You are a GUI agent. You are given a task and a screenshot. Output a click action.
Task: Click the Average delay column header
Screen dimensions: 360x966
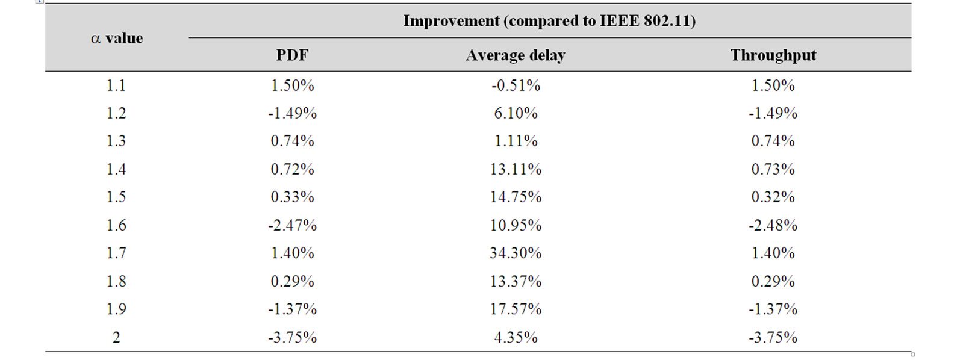coord(515,55)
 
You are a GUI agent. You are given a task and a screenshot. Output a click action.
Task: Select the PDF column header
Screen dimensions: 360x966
coord(292,55)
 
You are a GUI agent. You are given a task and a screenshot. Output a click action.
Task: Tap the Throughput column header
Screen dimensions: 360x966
coord(773,55)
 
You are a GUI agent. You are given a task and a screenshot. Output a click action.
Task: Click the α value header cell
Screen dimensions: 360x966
coord(117,39)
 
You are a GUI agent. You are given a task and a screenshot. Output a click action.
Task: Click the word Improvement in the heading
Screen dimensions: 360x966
coord(451,21)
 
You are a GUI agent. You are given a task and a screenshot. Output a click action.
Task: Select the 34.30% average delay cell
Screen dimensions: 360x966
coord(516,253)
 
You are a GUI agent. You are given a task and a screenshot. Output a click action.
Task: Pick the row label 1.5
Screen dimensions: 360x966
coord(116,197)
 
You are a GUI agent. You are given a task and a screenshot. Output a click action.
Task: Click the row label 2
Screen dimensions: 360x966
coord(116,337)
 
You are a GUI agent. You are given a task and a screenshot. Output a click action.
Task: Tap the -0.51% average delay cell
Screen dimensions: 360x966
coord(516,85)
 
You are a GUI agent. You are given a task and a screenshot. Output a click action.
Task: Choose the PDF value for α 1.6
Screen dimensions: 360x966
coord(292,225)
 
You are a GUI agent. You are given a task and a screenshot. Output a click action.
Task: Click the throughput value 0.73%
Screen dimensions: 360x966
coord(773,170)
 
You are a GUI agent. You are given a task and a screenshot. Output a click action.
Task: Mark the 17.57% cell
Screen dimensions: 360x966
coord(516,309)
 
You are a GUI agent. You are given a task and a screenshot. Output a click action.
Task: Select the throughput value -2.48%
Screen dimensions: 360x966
coord(773,225)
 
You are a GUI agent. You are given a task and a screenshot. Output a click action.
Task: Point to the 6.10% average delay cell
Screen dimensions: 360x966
coord(516,113)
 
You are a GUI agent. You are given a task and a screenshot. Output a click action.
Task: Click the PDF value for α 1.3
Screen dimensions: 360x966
coord(292,141)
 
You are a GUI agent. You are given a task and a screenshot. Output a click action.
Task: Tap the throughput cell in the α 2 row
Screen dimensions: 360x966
coord(773,337)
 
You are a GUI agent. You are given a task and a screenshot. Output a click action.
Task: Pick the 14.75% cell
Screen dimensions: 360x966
coord(516,197)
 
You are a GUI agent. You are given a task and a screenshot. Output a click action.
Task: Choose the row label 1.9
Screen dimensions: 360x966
coord(116,309)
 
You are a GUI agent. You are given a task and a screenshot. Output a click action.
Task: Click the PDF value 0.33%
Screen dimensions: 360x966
coord(292,197)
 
